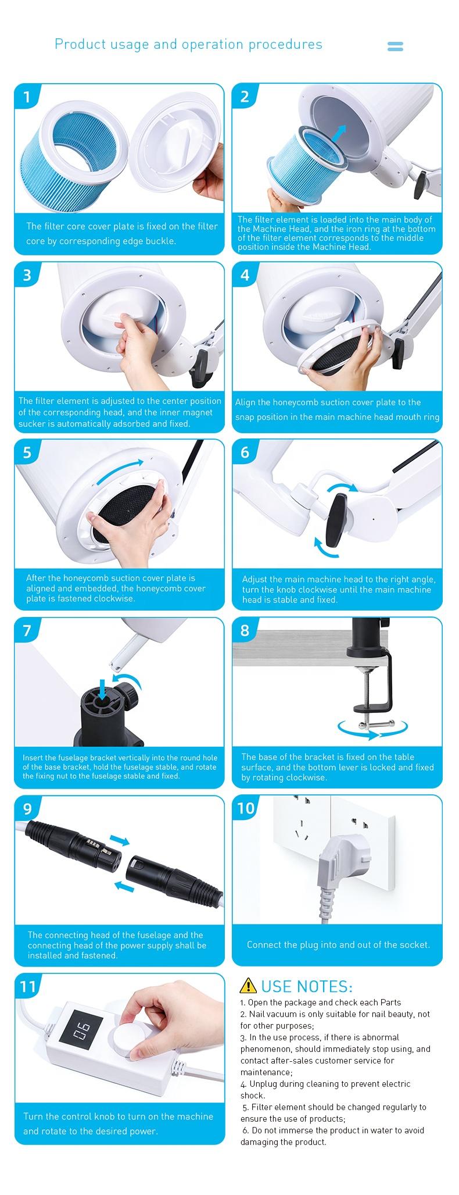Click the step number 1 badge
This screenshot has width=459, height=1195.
click(x=27, y=97)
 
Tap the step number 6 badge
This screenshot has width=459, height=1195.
click(x=245, y=452)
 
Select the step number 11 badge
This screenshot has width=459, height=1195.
click(x=28, y=986)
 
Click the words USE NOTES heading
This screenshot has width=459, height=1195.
click(x=307, y=986)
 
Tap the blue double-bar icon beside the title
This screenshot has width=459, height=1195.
click(x=395, y=47)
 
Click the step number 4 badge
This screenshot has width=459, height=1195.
click(x=245, y=274)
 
